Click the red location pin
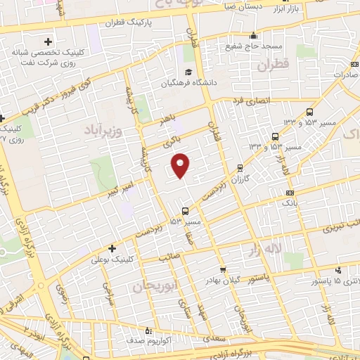pyautogui.click(x=181, y=165)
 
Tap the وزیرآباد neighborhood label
pyautogui.click(x=105, y=131)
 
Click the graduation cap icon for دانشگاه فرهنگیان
pyautogui.click(x=188, y=72)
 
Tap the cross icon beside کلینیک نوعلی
pyautogui.click(x=112, y=247)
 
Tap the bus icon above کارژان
pyautogui.click(x=241, y=167)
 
